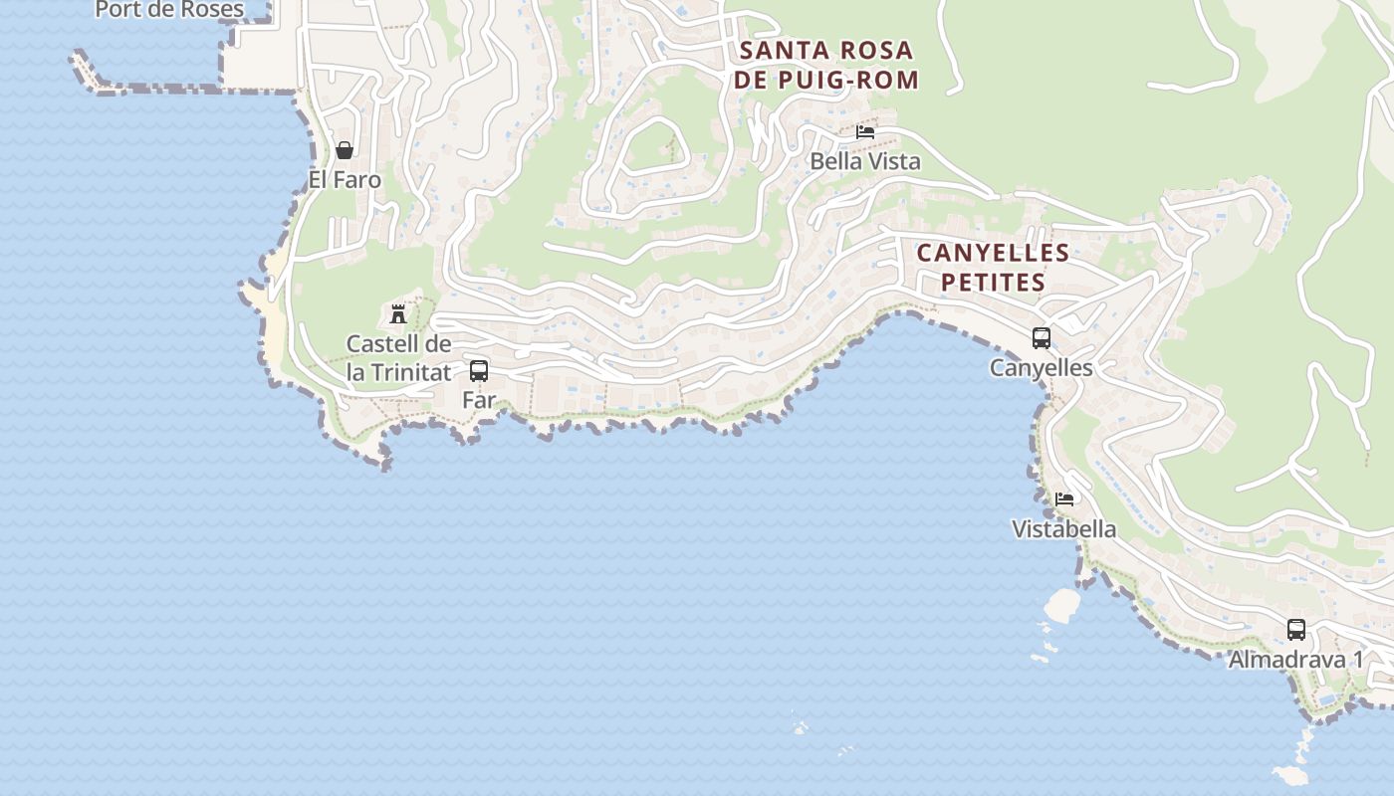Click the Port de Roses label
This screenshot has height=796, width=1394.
click(x=169, y=10)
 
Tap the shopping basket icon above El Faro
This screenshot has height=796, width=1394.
click(x=345, y=150)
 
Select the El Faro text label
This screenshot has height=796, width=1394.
click(x=345, y=180)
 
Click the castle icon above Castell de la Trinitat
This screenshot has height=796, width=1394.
click(x=398, y=314)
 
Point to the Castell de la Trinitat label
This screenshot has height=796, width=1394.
click(x=398, y=358)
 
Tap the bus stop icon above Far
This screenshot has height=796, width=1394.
click(x=479, y=371)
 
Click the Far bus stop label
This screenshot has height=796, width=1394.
click(x=479, y=400)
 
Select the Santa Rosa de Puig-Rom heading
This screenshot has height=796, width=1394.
click(x=826, y=66)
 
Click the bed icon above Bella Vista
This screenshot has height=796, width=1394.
click(x=865, y=131)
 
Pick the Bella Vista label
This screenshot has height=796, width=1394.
click(x=865, y=161)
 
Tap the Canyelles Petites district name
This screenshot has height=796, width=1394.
click(x=993, y=268)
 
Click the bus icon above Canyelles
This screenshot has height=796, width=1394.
click(x=1042, y=338)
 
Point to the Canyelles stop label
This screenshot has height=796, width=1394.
click(x=1042, y=368)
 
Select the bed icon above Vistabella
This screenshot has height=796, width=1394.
click(x=1064, y=499)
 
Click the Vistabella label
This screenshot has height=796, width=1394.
click(x=1064, y=529)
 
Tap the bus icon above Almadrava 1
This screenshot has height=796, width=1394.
click(x=1296, y=629)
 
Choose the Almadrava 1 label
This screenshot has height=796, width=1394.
click(x=1296, y=660)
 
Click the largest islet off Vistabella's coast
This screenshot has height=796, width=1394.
click(x=1062, y=603)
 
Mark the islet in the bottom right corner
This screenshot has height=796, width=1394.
click(x=1290, y=774)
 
